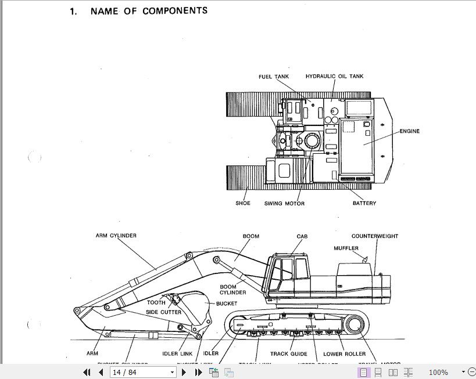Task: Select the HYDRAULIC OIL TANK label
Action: (334, 77)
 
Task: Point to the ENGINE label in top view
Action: (409, 131)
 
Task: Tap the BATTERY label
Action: (364, 203)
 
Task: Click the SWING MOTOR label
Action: (284, 203)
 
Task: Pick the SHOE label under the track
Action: (243, 203)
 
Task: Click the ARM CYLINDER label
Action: (116, 236)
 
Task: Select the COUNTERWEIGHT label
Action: (375, 236)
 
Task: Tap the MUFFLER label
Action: (346, 248)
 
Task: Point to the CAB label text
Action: (302, 236)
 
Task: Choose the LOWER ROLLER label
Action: (345, 353)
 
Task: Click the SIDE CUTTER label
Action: (163, 312)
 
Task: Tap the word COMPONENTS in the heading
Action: (175, 10)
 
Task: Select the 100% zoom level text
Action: (438, 372)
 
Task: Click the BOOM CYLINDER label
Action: (232, 289)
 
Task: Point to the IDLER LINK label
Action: (177, 353)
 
